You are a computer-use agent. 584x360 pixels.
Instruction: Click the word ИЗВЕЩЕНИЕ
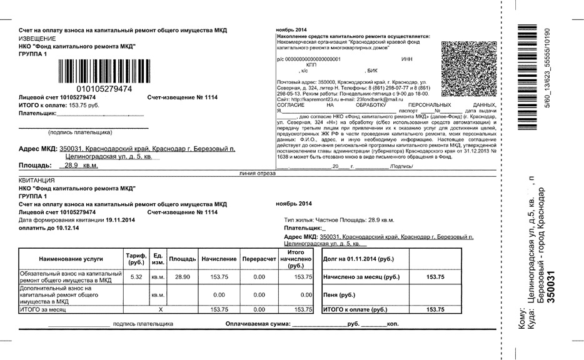(x=38, y=38)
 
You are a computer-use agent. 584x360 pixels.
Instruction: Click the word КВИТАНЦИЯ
(x=37, y=181)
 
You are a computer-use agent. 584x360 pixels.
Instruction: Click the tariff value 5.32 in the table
(x=136, y=277)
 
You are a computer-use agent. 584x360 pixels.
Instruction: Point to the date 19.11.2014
(x=120, y=220)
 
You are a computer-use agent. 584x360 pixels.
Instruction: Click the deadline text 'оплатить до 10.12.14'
(x=49, y=228)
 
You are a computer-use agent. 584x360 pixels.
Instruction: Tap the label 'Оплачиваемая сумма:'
(x=258, y=324)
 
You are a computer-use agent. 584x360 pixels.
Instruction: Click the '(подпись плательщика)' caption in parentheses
(x=80, y=132)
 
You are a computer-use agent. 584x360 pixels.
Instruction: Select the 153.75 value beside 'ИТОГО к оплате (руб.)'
(x=435, y=309)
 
